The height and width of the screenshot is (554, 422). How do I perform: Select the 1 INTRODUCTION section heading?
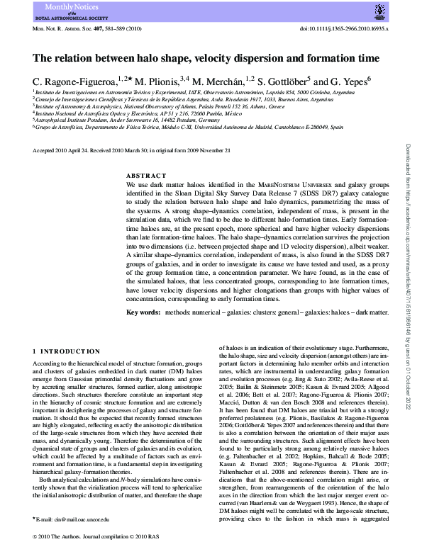pyautogui.click(x=64, y=351)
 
